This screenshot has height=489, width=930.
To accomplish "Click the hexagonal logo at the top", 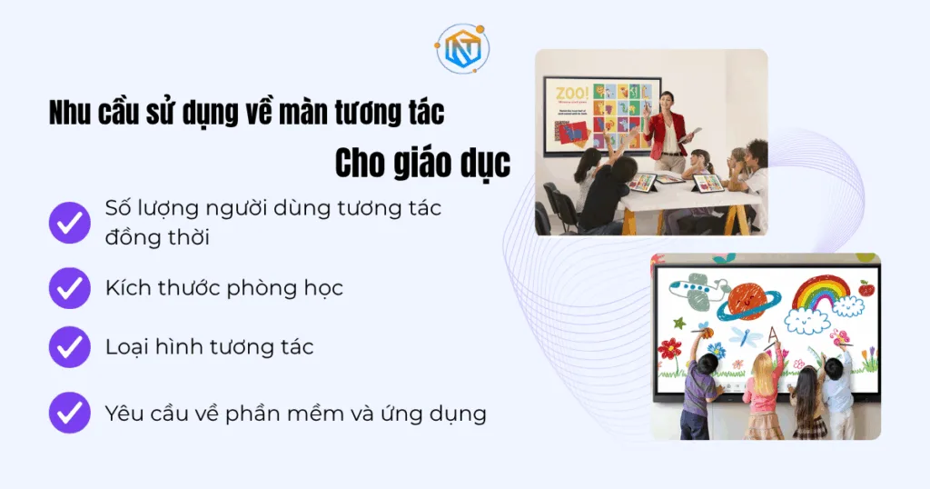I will pos(462,49).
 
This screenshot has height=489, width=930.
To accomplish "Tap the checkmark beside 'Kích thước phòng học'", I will pos(70,289).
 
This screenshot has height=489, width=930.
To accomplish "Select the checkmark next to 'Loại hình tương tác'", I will pos(70,346).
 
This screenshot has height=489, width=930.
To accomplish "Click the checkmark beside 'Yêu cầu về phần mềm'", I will pos(70,414).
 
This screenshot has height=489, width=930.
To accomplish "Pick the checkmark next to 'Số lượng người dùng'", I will pos(70,221).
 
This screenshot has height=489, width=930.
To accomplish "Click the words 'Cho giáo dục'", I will pos(422,164).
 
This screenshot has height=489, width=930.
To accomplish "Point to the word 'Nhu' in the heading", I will pos(69,114).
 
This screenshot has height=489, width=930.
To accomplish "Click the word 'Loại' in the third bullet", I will pos(125,346).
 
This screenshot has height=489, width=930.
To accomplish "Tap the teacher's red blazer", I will pos(667,135).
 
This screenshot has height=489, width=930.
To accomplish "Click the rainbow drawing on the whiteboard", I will pos(820,293).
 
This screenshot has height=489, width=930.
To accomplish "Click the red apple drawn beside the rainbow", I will pos(866,289).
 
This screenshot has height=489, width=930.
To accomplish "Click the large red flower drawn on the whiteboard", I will pos(670,348).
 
